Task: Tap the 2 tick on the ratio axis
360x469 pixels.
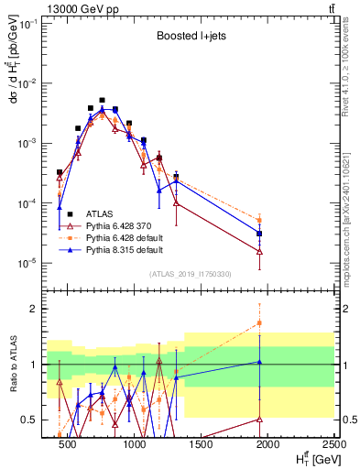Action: (31, 310)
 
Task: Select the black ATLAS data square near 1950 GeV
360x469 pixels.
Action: (260, 234)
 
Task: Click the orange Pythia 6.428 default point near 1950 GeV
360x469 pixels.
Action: (260, 220)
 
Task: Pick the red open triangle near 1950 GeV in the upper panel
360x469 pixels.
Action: (260, 251)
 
